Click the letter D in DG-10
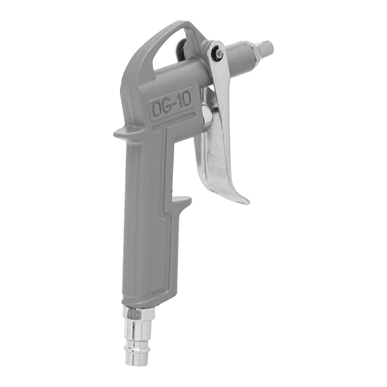(x=157, y=110)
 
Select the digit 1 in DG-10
(x=180, y=103)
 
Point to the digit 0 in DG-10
(x=186, y=101)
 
